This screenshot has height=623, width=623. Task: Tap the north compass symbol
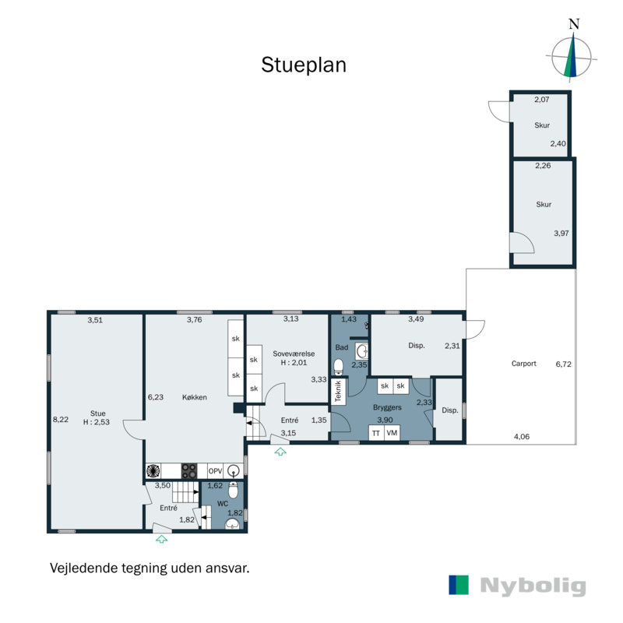click(x=573, y=56)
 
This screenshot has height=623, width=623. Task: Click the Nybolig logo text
click(x=533, y=586)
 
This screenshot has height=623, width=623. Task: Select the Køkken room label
click(x=194, y=397)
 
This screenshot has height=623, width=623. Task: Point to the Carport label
click(x=524, y=364)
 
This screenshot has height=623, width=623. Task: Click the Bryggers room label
click(x=387, y=407)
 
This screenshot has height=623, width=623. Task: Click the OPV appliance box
click(x=215, y=470)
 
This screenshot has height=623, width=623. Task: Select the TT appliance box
click(x=376, y=433)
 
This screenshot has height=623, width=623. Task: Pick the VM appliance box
click(x=392, y=433)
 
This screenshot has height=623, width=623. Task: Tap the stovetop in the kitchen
click(x=189, y=470)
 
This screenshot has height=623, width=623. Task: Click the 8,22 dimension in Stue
click(x=60, y=420)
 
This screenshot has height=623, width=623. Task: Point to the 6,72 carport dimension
click(x=563, y=364)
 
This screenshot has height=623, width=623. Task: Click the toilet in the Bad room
click(x=338, y=365)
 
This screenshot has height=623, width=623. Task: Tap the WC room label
click(x=212, y=504)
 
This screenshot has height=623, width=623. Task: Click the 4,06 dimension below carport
click(x=520, y=436)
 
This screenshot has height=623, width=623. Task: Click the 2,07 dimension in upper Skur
click(x=542, y=100)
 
